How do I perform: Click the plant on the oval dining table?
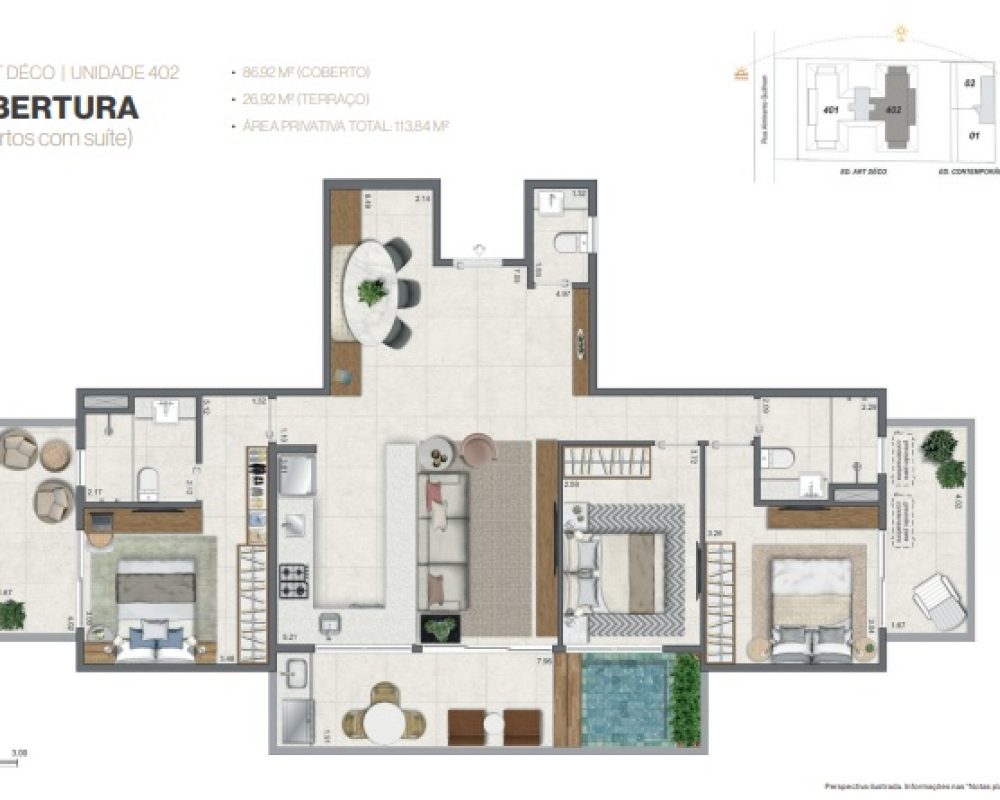(x=372, y=292)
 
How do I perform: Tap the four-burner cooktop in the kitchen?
(x=293, y=581)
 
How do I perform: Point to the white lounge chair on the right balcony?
(x=939, y=601)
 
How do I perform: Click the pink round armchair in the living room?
(x=478, y=450)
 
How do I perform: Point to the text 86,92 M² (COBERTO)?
(x=307, y=72)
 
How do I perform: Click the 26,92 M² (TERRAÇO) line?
(x=307, y=99)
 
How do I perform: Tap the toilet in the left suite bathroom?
(x=148, y=481)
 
